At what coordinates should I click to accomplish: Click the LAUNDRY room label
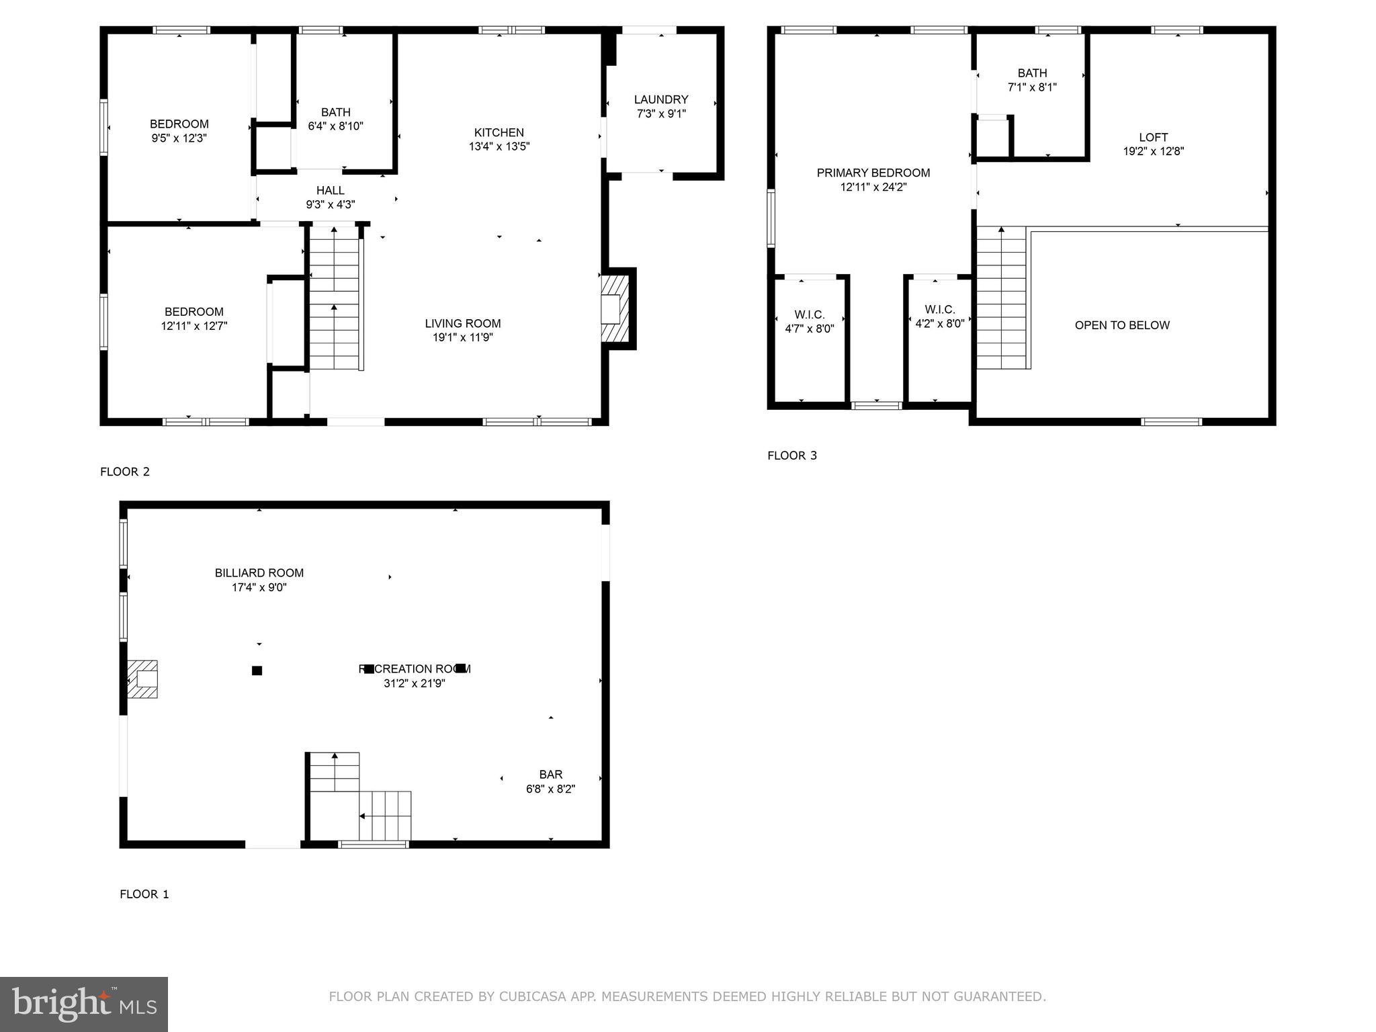(x=661, y=99)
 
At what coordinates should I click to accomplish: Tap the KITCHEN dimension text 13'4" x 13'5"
(x=499, y=146)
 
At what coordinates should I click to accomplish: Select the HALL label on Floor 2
(x=330, y=191)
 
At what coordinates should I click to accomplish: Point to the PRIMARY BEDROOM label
(x=873, y=173)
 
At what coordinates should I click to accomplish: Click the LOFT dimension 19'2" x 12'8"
(x=1153, y=152)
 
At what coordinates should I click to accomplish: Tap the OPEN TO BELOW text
(x=1122, y=325)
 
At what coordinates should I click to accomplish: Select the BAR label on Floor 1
(x=550, y=775)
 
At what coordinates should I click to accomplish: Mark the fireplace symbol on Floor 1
(x=143, y=679)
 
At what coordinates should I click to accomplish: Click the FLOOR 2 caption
(x=125, y=472)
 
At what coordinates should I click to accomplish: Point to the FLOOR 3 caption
(x=792, y=456)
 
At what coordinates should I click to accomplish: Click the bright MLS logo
(x=84, y=1004)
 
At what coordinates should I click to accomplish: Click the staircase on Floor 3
(x=1001, y=298)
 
